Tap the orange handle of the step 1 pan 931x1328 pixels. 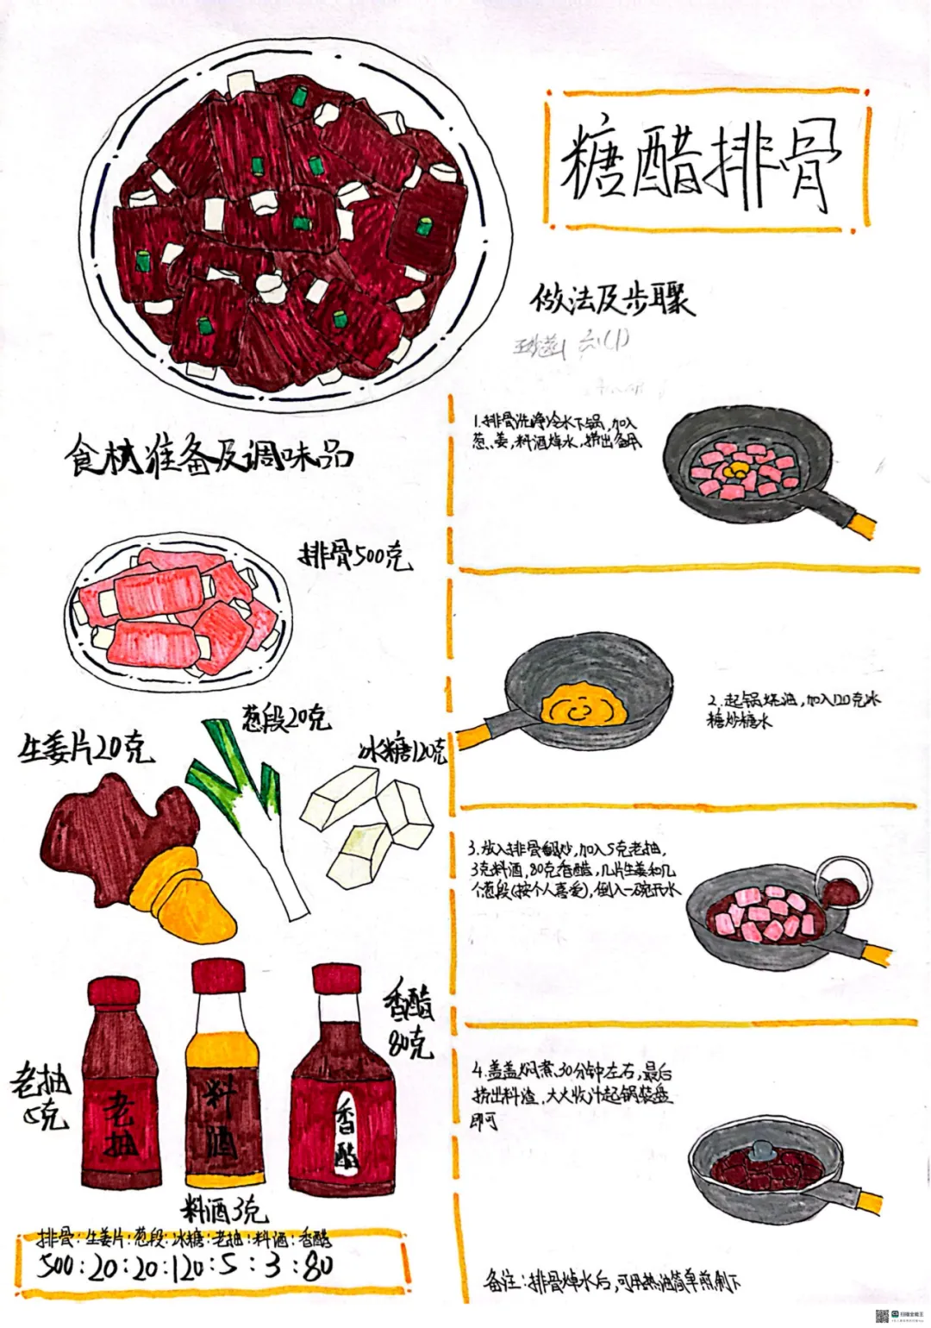pyautogui.click(x=861, y=523)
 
